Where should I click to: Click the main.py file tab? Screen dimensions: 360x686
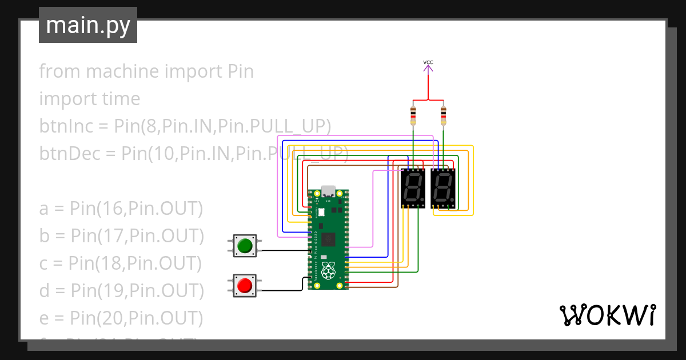point(87,25)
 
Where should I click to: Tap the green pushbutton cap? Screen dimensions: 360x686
point(245,246)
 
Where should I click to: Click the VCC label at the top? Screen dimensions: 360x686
point(428,62)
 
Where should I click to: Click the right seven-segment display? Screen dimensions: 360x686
point(443,189)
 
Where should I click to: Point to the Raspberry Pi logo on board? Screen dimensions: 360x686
point(329,271)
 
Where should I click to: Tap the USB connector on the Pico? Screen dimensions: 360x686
point(329,191)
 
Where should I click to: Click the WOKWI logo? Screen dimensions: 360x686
point(607,315)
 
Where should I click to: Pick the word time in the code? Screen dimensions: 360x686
point(120,99)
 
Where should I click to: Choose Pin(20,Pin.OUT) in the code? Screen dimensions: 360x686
point(136,318)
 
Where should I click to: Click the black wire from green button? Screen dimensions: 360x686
point(283,250)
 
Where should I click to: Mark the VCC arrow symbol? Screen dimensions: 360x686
point(428,69)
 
